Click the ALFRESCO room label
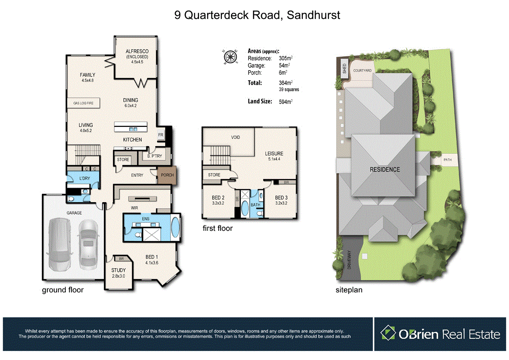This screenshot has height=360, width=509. click(x=137, y=51)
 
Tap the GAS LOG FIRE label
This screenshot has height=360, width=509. click(x=83, y=103)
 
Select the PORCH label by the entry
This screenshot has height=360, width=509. click(x=167, y=175)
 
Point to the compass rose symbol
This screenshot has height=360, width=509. click(x=230, y=57)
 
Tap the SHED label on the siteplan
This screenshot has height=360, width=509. click(x=345, y=68)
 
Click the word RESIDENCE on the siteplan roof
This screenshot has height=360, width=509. click(x=384, y=170)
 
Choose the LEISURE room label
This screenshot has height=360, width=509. click(x=274, y=154)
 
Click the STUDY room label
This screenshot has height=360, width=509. click(x=118, y=270)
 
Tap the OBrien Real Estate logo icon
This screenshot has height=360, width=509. click(x=387, y=334)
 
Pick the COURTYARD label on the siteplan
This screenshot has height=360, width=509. click(x=362, y=71)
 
